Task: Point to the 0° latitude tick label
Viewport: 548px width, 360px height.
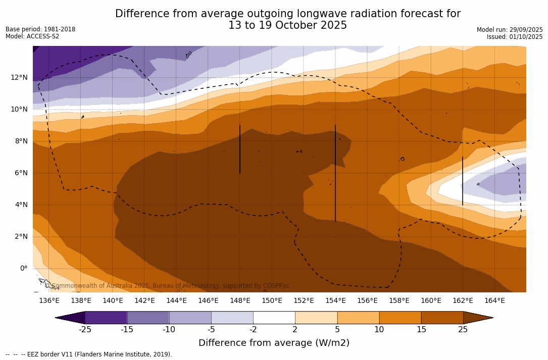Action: point(23,268)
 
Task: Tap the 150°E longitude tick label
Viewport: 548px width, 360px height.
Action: point(272,300)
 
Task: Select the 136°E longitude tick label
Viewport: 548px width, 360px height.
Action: point(49,300)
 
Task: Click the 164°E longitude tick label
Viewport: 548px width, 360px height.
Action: point(494,300)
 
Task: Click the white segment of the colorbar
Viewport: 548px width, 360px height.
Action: point(274,318)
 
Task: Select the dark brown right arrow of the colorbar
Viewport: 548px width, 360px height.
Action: point(477,318)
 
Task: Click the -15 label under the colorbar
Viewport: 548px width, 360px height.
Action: point(127,330)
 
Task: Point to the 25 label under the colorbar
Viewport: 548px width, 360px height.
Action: point(463,330)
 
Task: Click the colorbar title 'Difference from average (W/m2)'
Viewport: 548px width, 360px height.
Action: point(274,343)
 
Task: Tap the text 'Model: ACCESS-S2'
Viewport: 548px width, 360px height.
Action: point(32,36)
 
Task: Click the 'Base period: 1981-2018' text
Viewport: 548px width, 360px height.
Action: point(40,29)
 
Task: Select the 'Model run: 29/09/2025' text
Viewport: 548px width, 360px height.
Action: point(510,30)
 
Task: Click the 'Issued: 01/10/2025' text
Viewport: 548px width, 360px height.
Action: point(515,37)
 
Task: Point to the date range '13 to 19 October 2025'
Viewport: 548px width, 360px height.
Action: point(287,25)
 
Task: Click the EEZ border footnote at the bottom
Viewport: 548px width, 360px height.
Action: point(89,354)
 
